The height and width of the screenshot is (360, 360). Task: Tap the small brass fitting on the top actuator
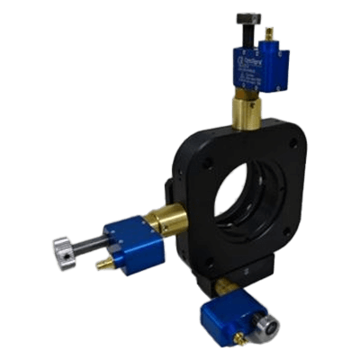pos(267,33)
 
